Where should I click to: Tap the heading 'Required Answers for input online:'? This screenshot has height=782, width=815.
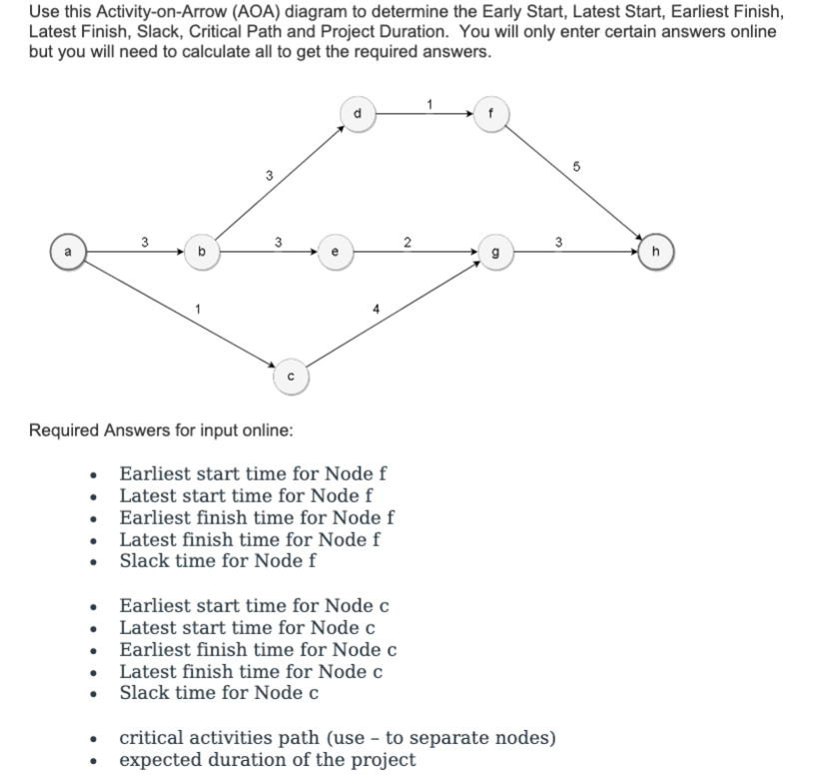(x=161, y=430)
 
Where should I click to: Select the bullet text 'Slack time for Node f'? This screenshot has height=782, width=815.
(x=219, y=559)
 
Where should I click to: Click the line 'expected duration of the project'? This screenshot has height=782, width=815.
(x=268, y=759)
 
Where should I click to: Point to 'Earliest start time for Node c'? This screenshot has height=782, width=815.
(x=254, y=606)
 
